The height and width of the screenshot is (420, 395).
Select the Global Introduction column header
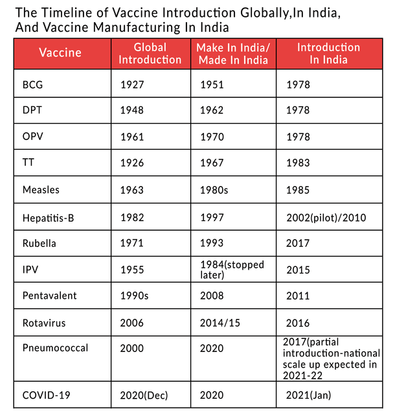pos(150,53)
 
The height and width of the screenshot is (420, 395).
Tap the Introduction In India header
pos(328,53)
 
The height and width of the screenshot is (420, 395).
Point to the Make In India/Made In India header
pos(234,53)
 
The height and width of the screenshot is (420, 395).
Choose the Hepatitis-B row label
pos(48,217)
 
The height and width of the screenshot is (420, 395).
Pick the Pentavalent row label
pos(49,296)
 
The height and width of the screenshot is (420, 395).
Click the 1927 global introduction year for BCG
pos(132,84)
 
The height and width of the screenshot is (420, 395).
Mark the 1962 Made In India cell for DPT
pos(211,111)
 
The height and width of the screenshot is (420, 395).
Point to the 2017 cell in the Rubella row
pos(297,243)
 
